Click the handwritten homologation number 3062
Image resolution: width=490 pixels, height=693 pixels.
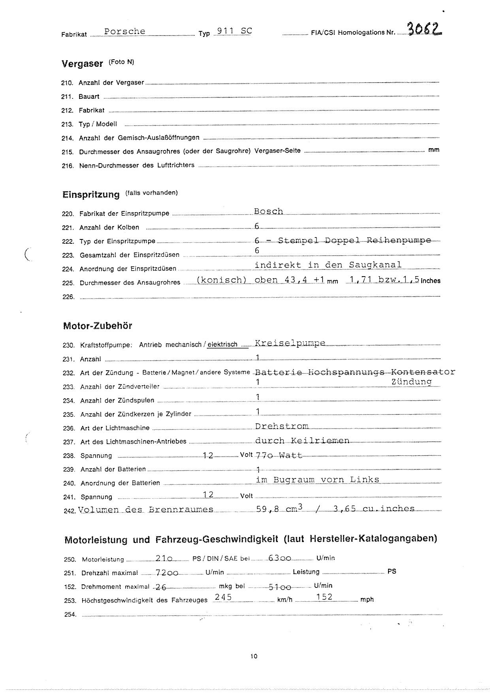(424, 29)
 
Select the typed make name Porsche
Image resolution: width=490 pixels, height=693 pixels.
(125, 32)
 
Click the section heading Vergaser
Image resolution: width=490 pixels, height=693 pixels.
(82, 64)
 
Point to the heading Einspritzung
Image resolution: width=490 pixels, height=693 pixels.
(91, 194)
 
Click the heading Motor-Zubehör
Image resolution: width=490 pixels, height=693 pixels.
(97, 326)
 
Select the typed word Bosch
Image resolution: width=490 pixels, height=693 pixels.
(269, 211)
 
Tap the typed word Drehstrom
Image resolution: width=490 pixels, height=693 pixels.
(282, 426)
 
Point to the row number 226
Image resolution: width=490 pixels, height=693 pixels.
(68, 297)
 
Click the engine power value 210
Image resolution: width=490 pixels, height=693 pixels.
(164, 558)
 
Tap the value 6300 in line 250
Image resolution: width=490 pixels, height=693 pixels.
(280, 558)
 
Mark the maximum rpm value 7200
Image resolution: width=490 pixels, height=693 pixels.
(167, 572)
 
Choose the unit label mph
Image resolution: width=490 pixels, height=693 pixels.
(367, 600)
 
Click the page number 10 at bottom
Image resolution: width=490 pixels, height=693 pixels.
(254, 656)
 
